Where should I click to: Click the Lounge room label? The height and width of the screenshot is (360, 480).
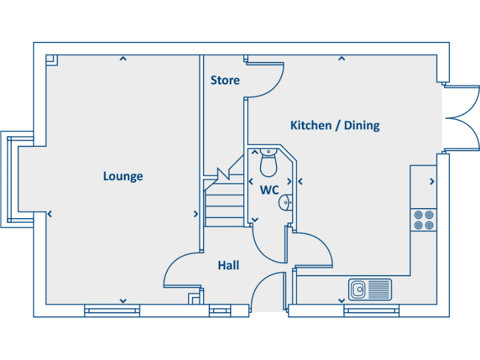(123, 176)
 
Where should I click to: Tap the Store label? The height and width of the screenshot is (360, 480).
(225, 81)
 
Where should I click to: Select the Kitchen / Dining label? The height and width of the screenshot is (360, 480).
(335, 126)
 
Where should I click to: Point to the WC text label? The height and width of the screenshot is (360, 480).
(269, 190)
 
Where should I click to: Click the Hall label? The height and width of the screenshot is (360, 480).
(228, 266)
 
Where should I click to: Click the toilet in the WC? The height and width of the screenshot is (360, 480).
(268, 162)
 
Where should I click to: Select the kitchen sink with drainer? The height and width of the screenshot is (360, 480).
(370, 289)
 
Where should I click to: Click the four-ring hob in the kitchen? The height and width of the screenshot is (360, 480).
(423, 220)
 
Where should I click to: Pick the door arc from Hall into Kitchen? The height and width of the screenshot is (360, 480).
(312, 247)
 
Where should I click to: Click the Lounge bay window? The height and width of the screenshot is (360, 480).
(11, 178)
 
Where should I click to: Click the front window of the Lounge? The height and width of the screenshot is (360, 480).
(112, 310)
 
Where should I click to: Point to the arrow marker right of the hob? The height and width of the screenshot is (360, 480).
(432, 182)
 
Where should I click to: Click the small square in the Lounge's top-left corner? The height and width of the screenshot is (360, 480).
(52, 60)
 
